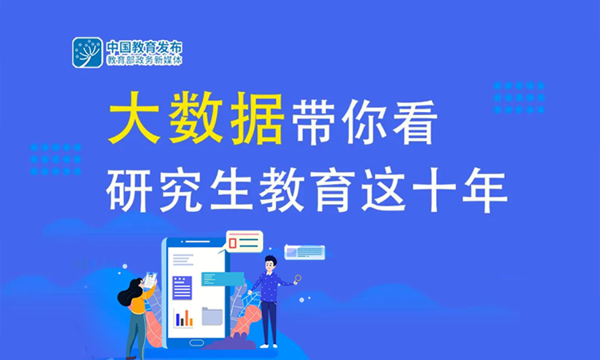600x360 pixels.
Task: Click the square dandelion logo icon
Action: pos(87,52)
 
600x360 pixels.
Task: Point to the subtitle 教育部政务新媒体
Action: pos(144,61)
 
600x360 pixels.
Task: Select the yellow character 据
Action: pos(255,122)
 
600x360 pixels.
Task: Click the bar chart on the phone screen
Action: pos(184,317)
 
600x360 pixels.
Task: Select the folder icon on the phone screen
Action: pos(211,316)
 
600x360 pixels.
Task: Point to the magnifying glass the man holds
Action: pos(298,278)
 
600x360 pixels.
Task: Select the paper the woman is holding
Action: pos(150,282)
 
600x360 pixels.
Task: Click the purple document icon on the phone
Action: pos(183,287)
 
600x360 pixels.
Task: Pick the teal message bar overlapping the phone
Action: pos(222,279)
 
